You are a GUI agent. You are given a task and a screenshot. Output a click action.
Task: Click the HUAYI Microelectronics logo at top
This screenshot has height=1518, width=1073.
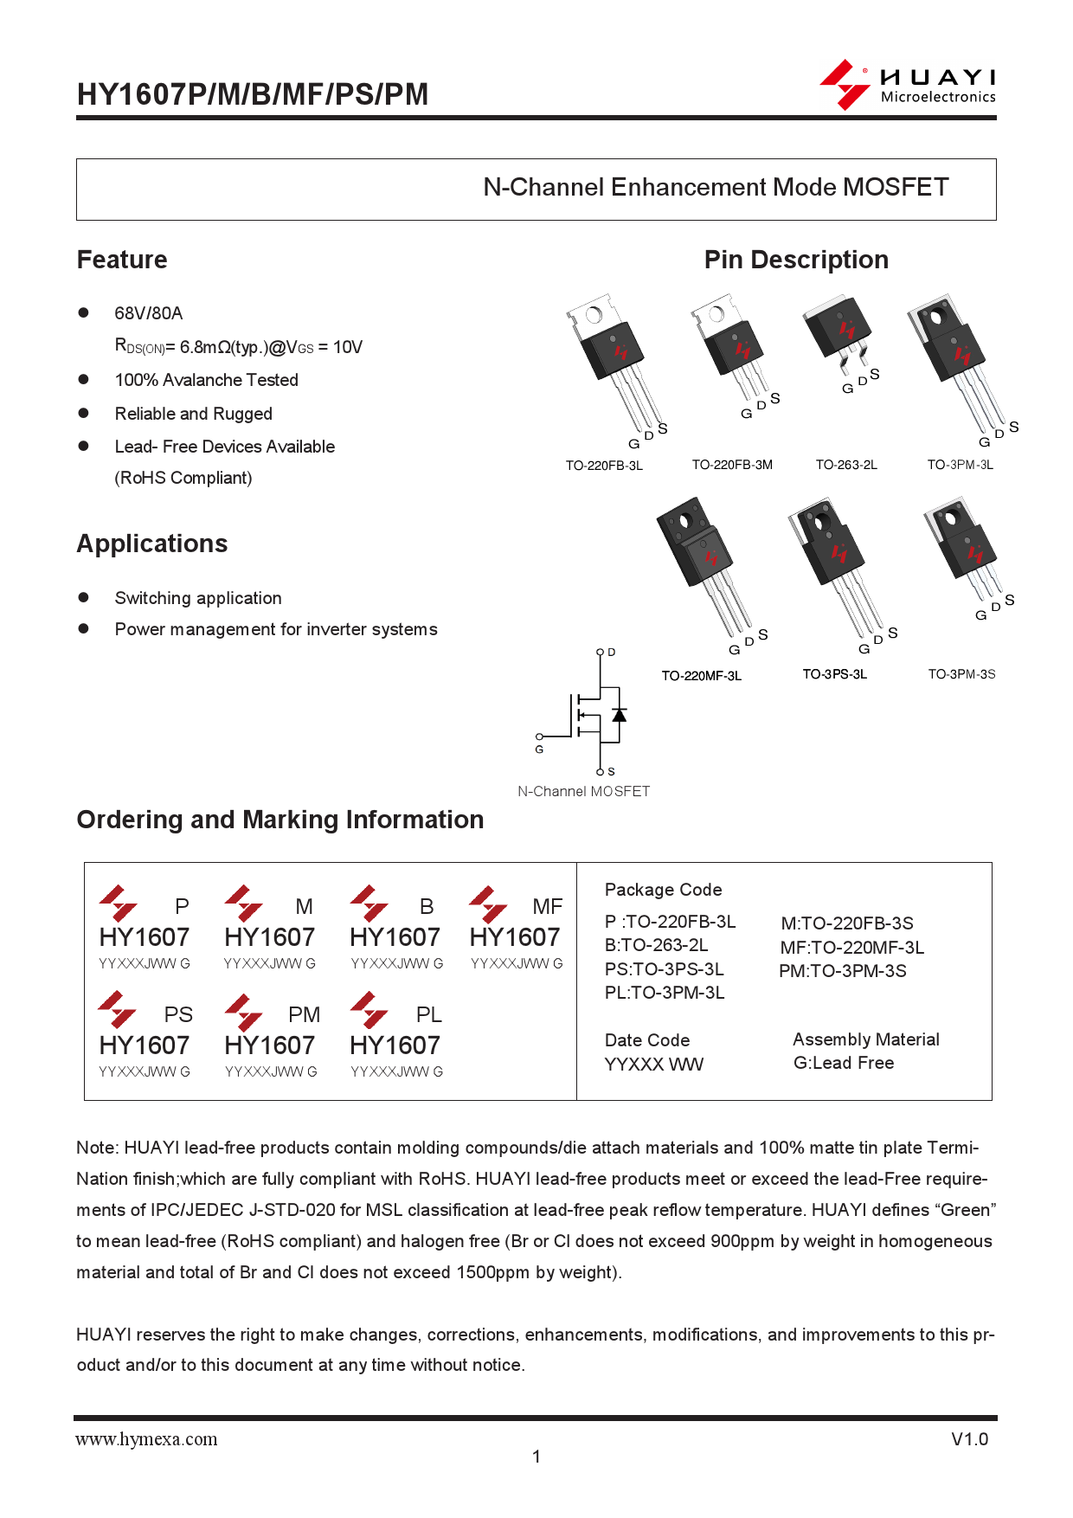click(908, 85)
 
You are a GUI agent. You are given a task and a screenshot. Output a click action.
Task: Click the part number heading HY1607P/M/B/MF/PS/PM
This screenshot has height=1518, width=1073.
click(253, 94)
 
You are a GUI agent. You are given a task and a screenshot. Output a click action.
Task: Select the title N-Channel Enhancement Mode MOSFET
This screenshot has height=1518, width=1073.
click(716, 188)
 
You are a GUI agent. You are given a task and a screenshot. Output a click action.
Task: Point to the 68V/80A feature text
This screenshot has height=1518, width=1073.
click(149, 313)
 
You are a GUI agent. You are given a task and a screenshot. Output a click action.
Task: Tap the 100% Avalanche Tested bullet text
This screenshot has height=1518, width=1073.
click(206, 380)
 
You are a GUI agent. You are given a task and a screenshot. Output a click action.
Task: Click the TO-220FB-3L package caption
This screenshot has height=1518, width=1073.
click(604, 466)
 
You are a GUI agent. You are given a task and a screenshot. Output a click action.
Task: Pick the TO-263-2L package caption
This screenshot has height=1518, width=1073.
click(846, 465)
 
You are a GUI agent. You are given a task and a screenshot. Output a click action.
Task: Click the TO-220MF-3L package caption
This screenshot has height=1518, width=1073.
click(701, 676)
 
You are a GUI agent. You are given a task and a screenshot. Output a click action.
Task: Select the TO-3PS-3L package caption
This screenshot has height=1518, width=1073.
click(834, 674)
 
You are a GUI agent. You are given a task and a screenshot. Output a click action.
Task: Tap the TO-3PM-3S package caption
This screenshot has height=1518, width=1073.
click(961, 674)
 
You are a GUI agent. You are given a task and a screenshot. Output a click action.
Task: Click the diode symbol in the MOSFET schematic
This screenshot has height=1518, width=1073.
click(619, 715)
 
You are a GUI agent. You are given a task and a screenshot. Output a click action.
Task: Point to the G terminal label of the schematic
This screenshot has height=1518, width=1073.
click(539, 749)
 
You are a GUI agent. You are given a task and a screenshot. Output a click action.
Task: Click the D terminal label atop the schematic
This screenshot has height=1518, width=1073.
click(611, 653)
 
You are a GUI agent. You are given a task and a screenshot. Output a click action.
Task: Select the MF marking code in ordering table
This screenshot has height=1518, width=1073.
click(547, 907)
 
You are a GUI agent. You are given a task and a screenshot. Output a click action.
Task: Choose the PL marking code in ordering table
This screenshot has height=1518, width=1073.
click(428, 1015)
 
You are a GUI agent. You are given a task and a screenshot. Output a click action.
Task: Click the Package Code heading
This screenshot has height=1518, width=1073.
click(663, 890)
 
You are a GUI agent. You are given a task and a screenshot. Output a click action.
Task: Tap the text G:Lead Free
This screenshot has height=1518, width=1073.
click(844, 1063)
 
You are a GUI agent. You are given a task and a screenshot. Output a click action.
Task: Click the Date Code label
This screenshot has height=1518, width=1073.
click(647, 1040)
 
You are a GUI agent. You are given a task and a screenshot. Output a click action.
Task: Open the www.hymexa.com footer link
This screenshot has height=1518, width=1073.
click(146, 1439)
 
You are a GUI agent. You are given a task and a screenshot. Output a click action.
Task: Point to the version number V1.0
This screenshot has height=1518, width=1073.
click(969, 1439)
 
